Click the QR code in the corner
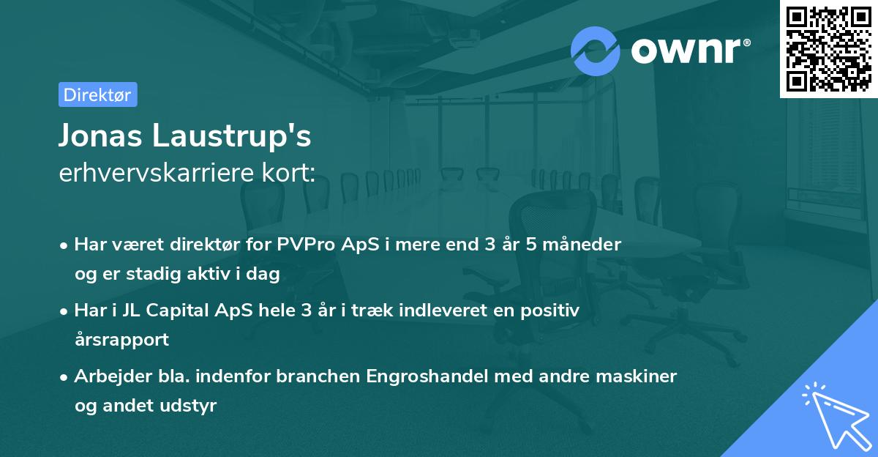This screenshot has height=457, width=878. [828, 48]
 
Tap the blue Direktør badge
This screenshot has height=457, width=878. [97, 94]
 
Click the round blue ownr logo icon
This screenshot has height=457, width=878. [596, 50]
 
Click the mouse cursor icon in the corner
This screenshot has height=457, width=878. [834, 413]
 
